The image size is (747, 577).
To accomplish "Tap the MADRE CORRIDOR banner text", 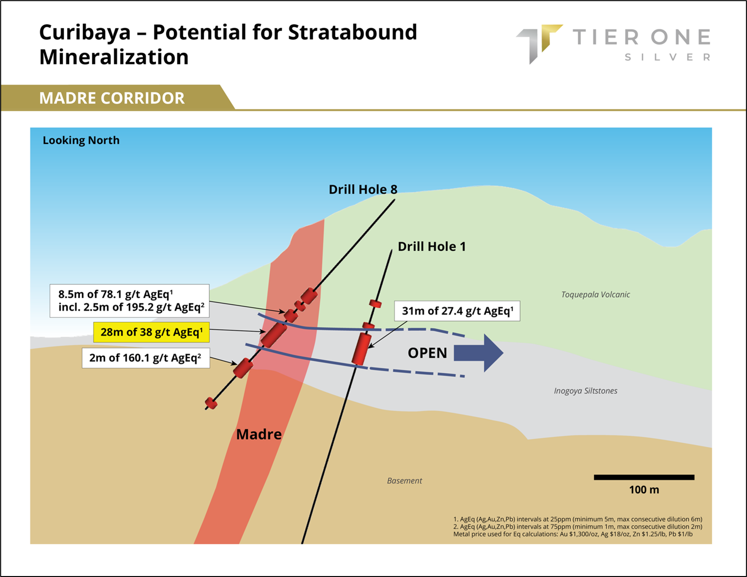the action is tap(112, 98).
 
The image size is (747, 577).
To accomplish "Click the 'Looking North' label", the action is tap(81, 140).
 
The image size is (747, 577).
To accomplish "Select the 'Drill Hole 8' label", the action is tap(363, 189).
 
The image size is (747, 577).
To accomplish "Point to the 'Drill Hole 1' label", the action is tap(432, 246).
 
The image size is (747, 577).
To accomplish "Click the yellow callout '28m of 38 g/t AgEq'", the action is tap(152, 332).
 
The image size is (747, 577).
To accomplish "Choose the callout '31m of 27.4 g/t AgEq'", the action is tap(457, 311).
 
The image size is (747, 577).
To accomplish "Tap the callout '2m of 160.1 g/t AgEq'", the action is tap(146, 358).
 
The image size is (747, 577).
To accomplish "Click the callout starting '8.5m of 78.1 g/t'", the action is tap(129, 301).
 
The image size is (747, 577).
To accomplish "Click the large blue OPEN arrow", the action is tap(479, 353).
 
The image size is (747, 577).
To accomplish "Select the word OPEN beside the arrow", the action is tap(427, 353).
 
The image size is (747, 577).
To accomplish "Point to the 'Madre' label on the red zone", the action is tap(259, 435).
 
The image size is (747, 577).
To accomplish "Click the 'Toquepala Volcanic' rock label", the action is tap(595, 294).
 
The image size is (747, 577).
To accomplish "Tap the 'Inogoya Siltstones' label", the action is tap(586, 391).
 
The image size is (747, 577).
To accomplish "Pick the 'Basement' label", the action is tap(404, 481).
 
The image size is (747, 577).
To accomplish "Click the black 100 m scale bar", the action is tap(644, 477).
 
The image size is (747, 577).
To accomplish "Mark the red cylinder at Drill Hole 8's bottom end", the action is tap(211, 403).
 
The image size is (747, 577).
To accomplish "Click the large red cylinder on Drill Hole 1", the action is tap(362, 349).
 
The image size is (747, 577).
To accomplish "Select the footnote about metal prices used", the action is tap(572, 534).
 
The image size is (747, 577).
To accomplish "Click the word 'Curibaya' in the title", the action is tap(85, 32).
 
